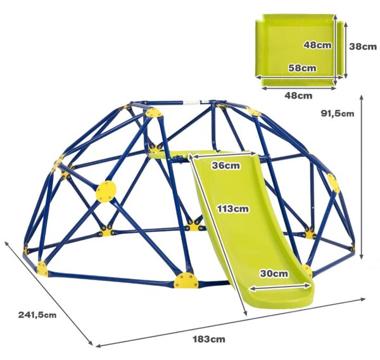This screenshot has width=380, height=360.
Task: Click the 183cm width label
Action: tap(209, 339)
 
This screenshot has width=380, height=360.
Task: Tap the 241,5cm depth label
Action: tap(37, 315)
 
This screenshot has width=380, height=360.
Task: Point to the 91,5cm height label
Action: tap(338, 113)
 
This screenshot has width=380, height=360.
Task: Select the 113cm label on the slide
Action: tap(232, 209)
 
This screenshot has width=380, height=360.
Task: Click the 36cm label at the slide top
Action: tap(226, 165)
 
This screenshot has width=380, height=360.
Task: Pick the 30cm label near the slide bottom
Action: tap(274, 274)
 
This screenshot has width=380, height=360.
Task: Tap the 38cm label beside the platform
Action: tap(363, 46)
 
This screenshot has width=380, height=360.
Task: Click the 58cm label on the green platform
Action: tap(302, 68)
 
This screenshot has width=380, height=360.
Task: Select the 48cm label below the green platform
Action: tap(298, 96)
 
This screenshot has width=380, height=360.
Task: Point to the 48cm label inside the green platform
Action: tap(317, 45)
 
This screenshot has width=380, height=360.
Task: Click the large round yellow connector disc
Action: tap(106, 191)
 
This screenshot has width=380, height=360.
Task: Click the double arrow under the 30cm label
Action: tap(280, 287)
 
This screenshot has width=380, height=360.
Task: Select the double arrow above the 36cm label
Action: tap(223, 155)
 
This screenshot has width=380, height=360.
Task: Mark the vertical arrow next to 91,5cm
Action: tap(362, 177)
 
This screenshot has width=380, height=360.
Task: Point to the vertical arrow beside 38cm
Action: tap(346, 49)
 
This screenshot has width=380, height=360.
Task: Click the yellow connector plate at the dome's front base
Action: tap(186, 280)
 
